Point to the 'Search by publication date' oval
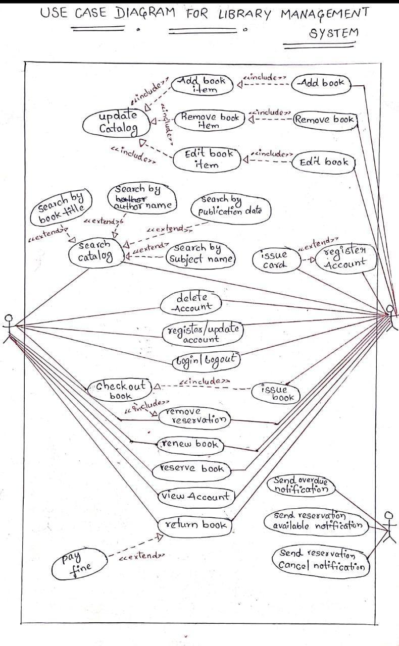(x=230, y=207)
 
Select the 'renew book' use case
(x=189, y=444)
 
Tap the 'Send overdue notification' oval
(x=302, y=485)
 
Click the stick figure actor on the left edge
(x=9, y=328)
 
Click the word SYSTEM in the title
(x=333, y=33)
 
